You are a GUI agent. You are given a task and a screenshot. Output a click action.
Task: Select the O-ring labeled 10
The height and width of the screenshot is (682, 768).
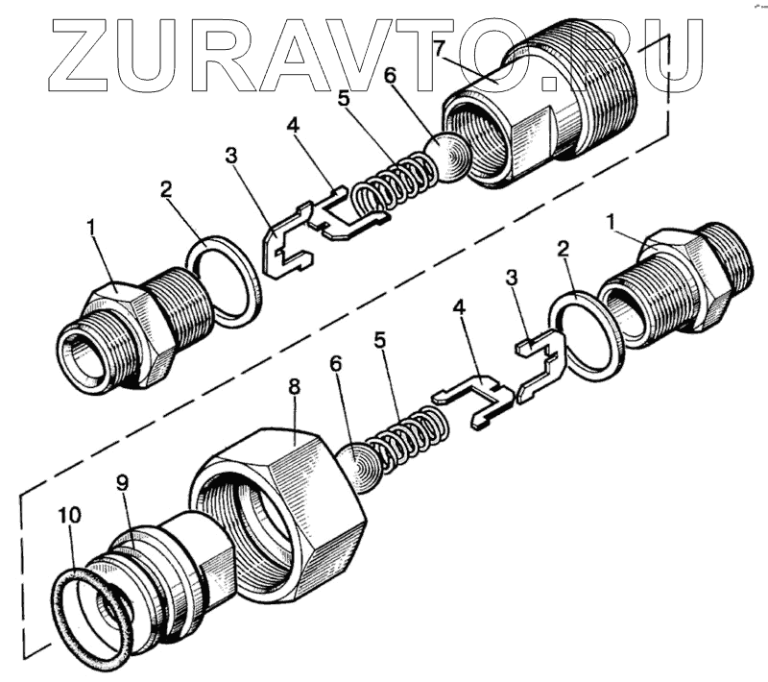(91, 615)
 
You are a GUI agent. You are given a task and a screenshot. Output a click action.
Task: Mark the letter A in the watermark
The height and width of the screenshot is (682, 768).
(326, 47)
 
